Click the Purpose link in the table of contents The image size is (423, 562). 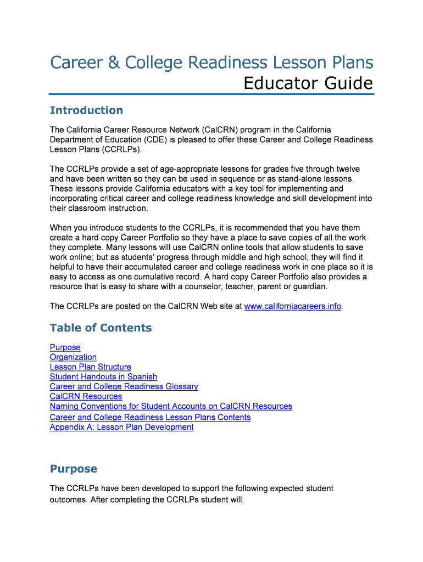pos(65,347)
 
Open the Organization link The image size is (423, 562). pos(73,357)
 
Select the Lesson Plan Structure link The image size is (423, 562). pos(91,367)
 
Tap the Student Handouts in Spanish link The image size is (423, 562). pos(103,377)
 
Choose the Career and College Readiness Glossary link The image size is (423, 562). pos(124,387)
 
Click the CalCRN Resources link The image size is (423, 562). pos(86,397)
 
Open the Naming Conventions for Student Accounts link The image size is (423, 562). pos(171,407)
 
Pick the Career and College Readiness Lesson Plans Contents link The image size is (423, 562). pos(150,418)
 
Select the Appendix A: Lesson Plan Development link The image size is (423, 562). pos(121,428)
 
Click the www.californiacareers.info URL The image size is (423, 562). pos(292,306)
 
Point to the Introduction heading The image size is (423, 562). pos(86,110)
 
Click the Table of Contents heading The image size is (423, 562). pos(101,328)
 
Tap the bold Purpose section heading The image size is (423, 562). pos(73,469)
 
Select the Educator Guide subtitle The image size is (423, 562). pos(308,84)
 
